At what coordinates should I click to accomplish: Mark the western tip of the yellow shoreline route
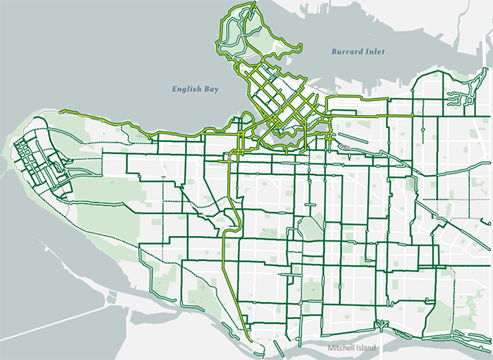point(60,111)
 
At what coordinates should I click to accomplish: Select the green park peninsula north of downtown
point(266,39)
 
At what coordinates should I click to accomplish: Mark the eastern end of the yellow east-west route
point(414,116)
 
